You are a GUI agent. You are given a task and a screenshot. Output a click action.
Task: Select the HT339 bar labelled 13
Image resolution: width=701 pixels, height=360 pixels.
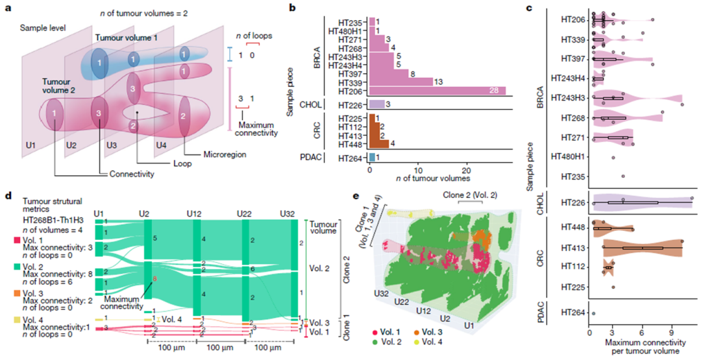click(400, 81)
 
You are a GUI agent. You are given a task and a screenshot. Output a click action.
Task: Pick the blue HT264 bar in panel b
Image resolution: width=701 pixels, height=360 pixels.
click(372, 157)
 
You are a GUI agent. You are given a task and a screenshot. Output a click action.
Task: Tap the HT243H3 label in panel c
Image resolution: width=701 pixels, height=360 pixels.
click(566, 98)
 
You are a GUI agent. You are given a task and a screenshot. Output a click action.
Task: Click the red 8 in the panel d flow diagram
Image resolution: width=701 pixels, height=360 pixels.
click(154, 279)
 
